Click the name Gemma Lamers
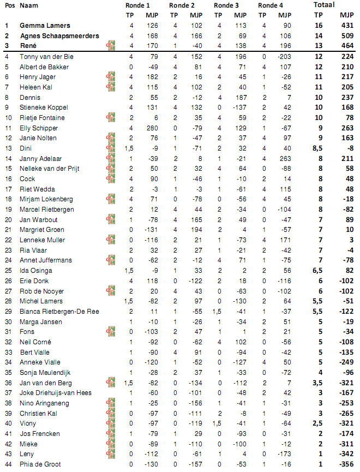pos(45,26)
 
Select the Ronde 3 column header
pos(226,5)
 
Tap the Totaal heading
pos(325,5)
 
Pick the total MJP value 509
pos(346,36)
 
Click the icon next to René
pos(111,46)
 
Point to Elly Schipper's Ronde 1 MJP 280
pos(152,128)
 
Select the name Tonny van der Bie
pos(46,56)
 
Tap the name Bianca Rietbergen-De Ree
pos(59,311)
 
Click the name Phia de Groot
pos(41,464)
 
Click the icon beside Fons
pos(111,331)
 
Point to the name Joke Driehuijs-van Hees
pos(56,393)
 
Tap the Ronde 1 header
pos(137,5)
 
